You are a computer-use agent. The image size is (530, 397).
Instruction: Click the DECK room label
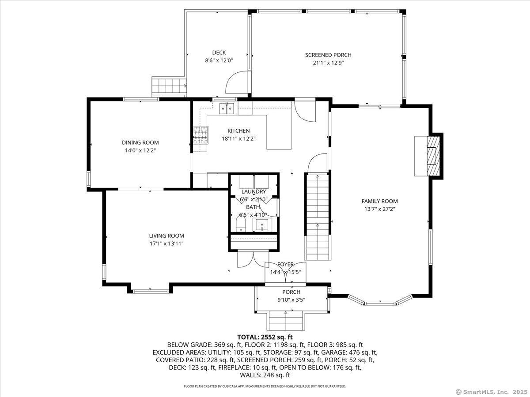219,52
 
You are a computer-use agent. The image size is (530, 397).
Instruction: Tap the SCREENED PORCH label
328,55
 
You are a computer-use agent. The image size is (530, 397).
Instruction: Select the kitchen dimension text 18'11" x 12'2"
238,139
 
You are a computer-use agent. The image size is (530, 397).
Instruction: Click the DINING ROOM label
140,142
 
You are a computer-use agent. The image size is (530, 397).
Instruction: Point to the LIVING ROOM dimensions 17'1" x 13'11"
167,243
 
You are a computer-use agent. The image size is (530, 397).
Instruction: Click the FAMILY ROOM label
379,201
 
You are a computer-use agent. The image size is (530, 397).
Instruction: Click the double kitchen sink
227,108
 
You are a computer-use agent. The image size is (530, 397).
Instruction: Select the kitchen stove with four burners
201,135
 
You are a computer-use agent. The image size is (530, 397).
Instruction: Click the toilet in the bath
241,224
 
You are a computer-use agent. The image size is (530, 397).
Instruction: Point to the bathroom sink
262,225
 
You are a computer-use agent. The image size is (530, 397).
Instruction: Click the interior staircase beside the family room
318,216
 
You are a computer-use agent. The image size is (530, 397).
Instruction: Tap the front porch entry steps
286,321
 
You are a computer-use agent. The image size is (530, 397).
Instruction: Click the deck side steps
169,86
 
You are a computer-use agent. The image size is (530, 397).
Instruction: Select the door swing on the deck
237,82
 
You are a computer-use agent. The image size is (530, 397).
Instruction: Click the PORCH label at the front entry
291,292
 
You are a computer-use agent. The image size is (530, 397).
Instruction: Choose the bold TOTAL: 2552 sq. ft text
265,337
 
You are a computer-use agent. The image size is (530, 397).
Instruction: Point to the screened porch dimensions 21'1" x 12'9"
328,63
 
